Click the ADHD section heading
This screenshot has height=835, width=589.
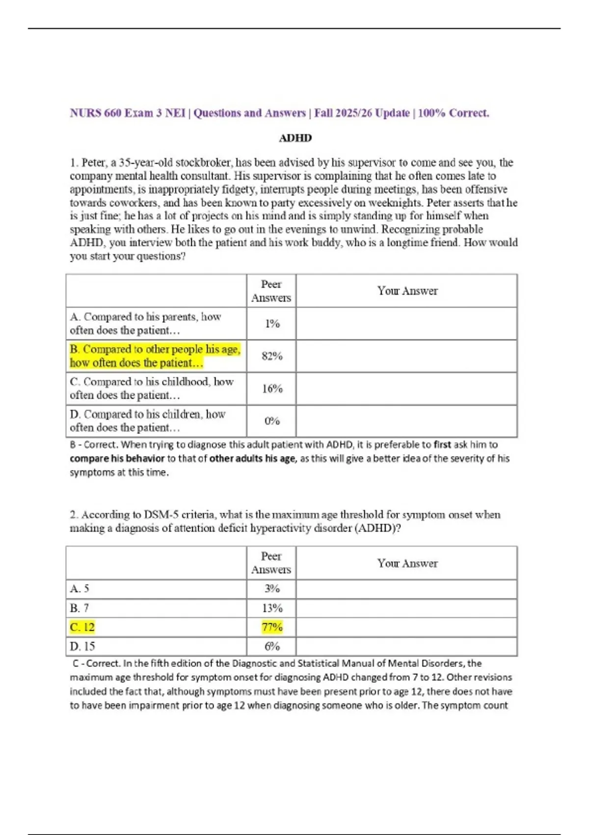295,138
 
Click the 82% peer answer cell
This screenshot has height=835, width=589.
272,356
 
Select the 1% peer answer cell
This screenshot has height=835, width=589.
272,324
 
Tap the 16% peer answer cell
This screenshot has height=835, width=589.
272,389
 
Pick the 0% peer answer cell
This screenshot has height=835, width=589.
272,421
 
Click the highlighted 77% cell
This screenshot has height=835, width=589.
272,627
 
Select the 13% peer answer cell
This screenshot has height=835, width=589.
272,608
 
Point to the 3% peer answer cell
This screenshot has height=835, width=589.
272,588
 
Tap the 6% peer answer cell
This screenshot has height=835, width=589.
272,646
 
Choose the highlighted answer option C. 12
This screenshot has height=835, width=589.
82,627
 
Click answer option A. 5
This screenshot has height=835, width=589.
80,588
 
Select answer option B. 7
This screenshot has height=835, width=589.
80,608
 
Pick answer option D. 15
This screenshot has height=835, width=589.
82,646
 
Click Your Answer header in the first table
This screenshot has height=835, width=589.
407,291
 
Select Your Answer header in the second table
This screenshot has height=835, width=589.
407,563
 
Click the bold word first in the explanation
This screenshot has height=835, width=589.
442,445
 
